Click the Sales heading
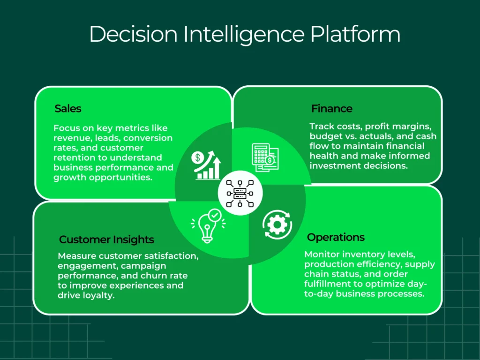pyautogui.click(x=68, y=109)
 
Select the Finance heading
pyautogui.click(x=331, y=109)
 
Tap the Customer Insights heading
pyautogui.click(x=106, y=240)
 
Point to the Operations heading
pyautogui.click(x=336, y=237)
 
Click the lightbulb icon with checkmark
pyautogui.click(x=208, y=224)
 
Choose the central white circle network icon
pyautogui.click(x=240, y=193)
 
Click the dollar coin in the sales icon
pyautogui.click(x=198, y=158)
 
